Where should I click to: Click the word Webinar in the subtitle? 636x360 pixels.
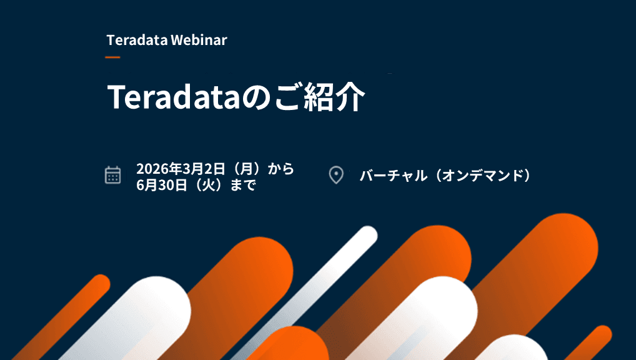click(x=199, y=40)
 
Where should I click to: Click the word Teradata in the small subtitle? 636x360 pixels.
click(x=137, y=40)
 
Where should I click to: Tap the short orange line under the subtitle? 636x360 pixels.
click(x=112, y=57)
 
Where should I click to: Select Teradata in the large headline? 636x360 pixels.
click(x=174, y=97)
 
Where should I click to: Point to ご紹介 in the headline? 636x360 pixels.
click(x=320, y=97)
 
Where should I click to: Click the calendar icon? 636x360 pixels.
click(x=112, y=175)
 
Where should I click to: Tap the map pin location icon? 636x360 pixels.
click(x=336, y=175)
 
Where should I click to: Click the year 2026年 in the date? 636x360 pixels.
click(x=159, y=168)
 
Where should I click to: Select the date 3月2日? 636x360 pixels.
click(x=204, y=168)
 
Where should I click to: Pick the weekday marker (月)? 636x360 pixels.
click(x=247, y=168)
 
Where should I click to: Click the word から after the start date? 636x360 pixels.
click(x=281, y=168)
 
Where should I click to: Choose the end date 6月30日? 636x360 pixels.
click(x=162, y=185)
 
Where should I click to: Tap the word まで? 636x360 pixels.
click(x=243, y=185)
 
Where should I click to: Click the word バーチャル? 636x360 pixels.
click(x=394, y=176)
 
